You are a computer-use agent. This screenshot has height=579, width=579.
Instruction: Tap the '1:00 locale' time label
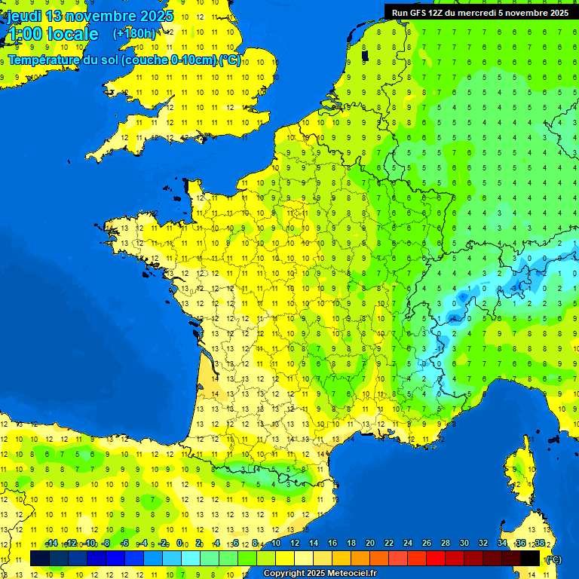click(53, 34)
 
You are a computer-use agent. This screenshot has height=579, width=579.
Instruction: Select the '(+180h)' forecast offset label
click(134, 34)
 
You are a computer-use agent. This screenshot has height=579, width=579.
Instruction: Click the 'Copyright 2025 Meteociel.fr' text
click(320, 574)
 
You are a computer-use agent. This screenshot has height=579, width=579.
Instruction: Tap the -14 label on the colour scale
click(51, 544)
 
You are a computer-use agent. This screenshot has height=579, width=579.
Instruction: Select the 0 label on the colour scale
click(179, 544)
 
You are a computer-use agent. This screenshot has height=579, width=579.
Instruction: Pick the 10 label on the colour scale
click(276, 544)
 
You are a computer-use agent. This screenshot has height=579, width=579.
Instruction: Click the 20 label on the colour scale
click(370, 544)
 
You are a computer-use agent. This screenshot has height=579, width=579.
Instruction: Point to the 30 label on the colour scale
click(464, 544)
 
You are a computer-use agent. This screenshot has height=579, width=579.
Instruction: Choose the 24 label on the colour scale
click(408, 544)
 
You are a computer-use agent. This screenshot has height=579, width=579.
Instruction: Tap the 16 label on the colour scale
click(332, 544)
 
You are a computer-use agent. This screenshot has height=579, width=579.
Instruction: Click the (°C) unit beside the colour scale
click(553, 559)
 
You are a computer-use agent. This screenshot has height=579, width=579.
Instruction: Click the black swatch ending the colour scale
click(530, 559)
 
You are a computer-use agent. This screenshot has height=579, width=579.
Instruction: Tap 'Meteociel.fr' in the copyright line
click(348, 574)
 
